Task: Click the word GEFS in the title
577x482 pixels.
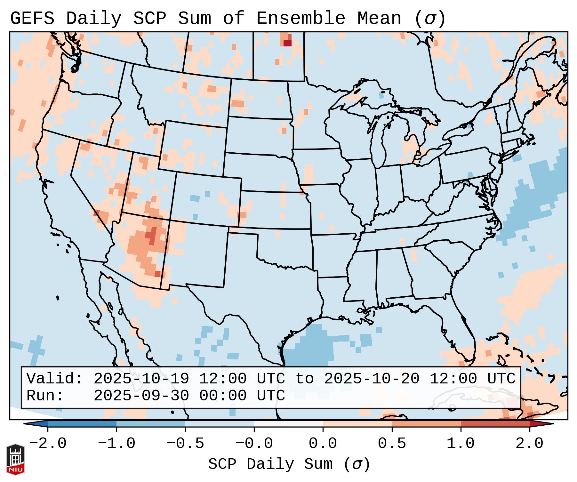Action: [x=32, y=19]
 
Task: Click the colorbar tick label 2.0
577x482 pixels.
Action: [x=530, y=444]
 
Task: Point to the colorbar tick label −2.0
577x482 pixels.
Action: [x=48, y=444]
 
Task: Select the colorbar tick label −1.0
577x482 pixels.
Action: [x=116, y=444]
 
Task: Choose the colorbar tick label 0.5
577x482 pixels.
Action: [x=392, y=444]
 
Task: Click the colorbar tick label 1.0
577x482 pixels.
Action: [x=461, y=444]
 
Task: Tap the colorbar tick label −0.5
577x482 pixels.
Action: [x=185, y=444]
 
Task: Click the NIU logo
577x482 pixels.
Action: [x=15, y=459]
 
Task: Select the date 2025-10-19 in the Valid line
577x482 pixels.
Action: [x=141, y=379]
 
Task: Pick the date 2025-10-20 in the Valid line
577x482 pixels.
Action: [x=372, y=379]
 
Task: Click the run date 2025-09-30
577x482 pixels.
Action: [x=141, y=396]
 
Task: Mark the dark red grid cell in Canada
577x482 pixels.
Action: [x=287, y=43]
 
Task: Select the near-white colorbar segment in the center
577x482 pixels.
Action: [x=288, y=424]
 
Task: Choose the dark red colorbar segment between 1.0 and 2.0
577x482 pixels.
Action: [x=495, y=424]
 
